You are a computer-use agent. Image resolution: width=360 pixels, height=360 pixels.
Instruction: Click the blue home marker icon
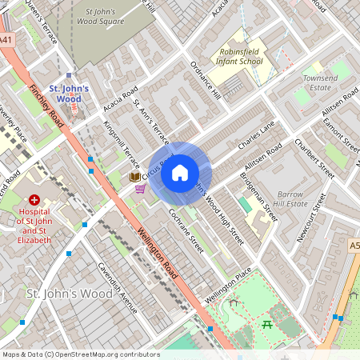180,172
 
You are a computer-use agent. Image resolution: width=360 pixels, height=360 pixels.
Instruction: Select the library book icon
134,176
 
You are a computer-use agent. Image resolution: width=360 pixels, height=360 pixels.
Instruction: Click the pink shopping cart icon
141,189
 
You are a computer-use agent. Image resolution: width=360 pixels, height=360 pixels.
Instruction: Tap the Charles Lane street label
256,136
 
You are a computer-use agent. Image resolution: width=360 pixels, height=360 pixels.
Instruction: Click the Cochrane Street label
186,232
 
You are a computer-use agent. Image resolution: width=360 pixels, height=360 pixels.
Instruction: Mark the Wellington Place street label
227,286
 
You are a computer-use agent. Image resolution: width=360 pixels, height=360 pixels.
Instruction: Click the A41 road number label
6,39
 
